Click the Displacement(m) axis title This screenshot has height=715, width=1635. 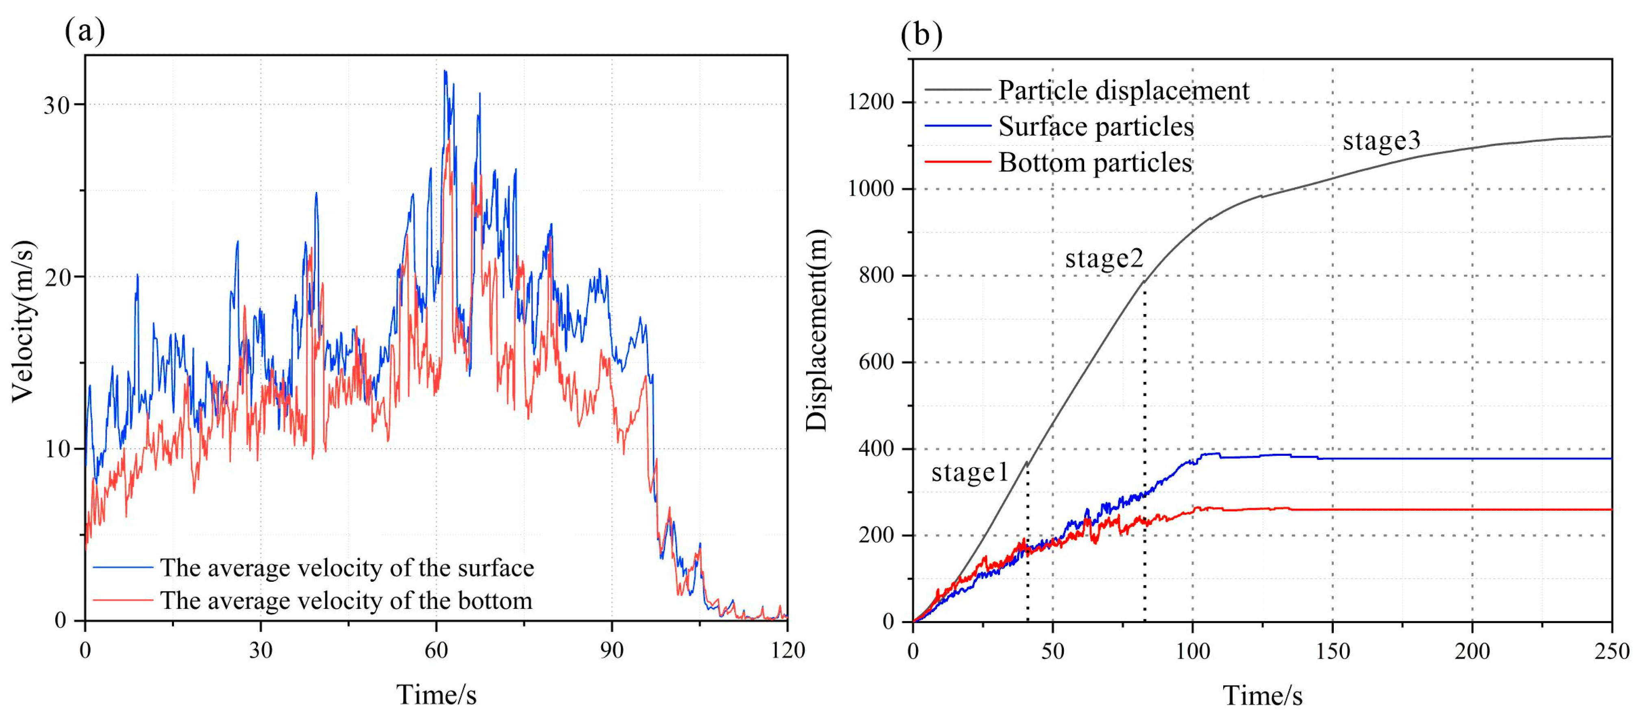(x=817, y=330)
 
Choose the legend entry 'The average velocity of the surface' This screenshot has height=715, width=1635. (x=346, y=567)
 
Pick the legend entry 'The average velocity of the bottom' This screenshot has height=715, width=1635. (x=346, y=600)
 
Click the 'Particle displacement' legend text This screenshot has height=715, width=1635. (x=1124, y=90)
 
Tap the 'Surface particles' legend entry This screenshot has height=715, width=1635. (x=1096, y=126)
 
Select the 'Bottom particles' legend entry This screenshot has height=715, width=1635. (x=1095, y=162)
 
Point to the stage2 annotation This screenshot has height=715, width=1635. (x=1104, y=258)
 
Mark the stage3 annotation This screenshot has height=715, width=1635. (x=1381, y=140)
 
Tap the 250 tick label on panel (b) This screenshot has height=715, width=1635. (x=1611, y=651)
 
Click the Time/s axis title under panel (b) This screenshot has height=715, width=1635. (x=1262, y=695)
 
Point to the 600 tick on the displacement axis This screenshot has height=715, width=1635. (x=881, y=362)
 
